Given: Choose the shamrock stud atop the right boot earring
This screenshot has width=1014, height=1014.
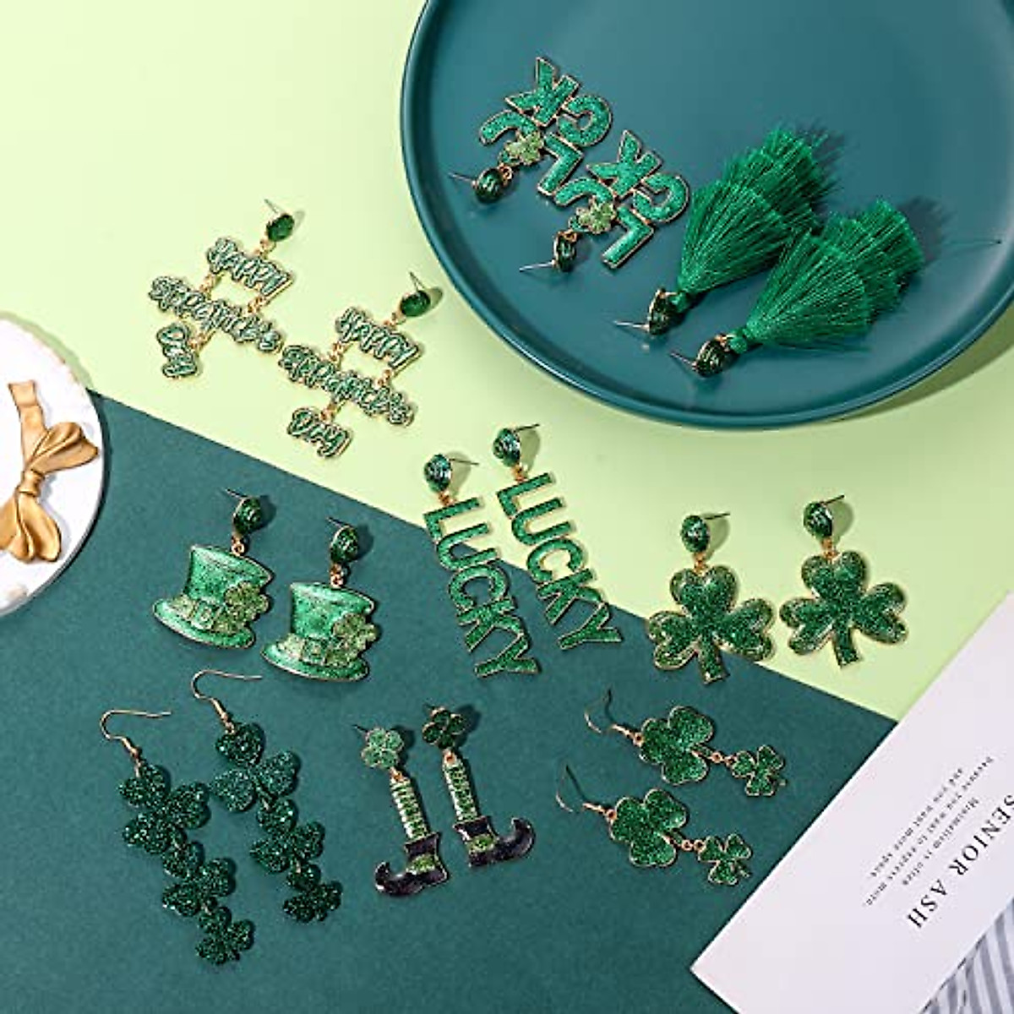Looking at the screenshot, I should tap(444, 727).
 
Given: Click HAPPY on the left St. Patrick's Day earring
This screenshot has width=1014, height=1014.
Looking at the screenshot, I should tap(244, 258).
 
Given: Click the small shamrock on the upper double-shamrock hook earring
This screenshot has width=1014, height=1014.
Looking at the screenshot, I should tap(758, 770).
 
